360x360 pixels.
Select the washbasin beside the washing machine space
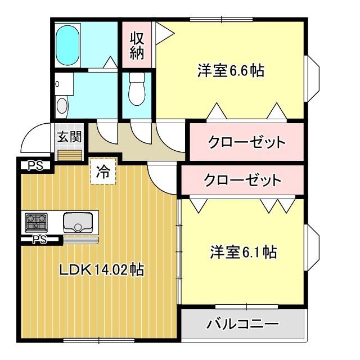pyautogui.click(x=62, y=106)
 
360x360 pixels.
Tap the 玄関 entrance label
pyautogui.click(x=69, y=137)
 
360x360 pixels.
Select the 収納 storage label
pyautogui.click(x=137, y=46)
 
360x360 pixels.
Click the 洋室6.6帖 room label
pyautogui.click(x=231, y=71)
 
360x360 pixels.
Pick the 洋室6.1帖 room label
pyautogui.click(x=243, y=251)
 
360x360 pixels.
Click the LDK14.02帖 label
pyautogui.click(x=101, y=270)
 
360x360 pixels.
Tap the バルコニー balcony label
pyautogui.click(x=242, y=324)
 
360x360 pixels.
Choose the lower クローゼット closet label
pyautogui.click(x=242, y=181)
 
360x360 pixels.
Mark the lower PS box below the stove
pyautogui.click(x=39, y=240)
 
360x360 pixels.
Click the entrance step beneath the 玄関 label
pyautogui.click(x=69, y=155)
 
